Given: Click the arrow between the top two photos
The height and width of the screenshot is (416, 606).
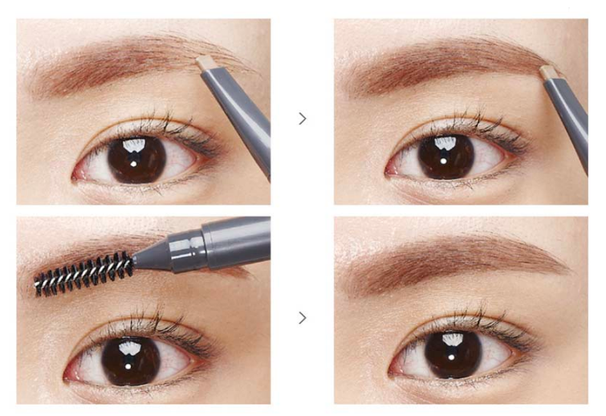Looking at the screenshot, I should [x=303, y=118].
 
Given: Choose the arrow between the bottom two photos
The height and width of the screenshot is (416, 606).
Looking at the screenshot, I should [x=303, y=318].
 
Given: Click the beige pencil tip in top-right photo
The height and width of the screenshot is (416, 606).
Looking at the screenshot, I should [x=550, y=73].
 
